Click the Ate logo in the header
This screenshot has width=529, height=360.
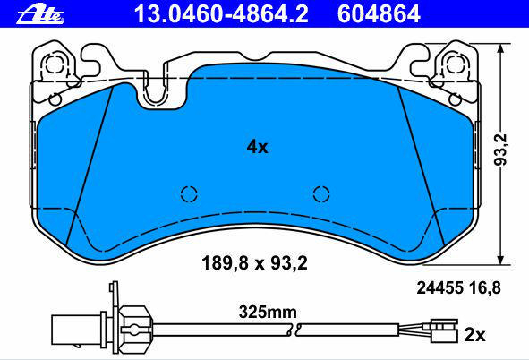tap(39, 15)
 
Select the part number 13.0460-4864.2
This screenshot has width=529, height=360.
tap(221, 14)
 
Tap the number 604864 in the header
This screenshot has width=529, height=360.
tap(379, 14)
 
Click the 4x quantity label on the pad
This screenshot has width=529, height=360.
tap(257, 147)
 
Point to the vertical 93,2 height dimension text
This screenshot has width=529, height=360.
tap(500, 150)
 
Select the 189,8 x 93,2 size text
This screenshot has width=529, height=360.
tap(254, 263)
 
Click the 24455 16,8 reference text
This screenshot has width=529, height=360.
tap(458, 288)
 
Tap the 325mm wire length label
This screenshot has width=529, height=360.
tap(268, 313)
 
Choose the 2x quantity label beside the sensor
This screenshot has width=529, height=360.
tap(475, 335)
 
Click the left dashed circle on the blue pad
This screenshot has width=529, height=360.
tap(189, 194)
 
